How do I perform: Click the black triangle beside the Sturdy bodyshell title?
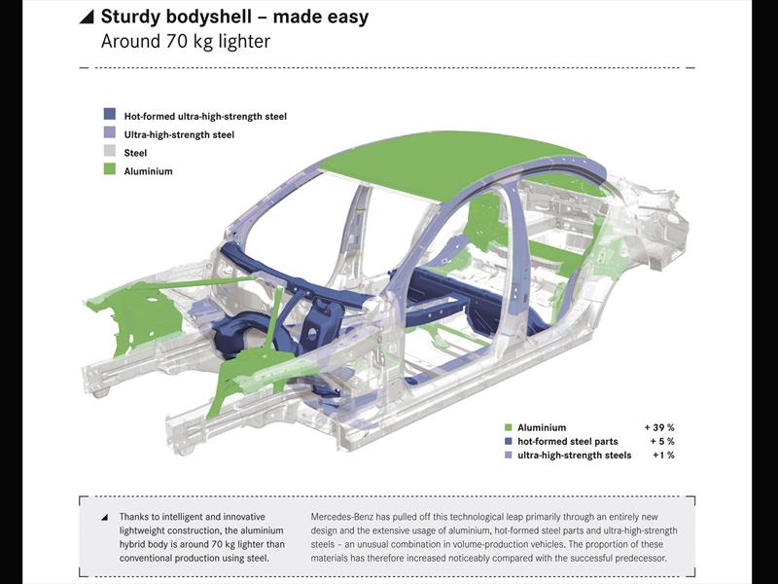click(x=87, y=18)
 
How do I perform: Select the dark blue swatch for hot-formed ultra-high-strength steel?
click(x=110, y=116)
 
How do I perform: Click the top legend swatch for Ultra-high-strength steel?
click(x=110, y=134)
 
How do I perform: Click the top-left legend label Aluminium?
click(x=149, y=171)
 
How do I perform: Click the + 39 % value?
click(x=658, y=427)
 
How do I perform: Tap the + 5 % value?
click(x=660, y=441)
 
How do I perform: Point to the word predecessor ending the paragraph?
click(x=633, y=559)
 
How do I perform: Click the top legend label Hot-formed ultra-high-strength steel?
click(x=205, y=116)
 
